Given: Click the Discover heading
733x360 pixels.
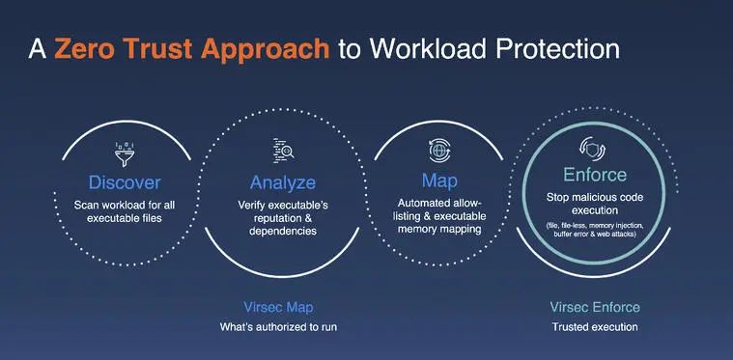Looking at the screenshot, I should tap(125, 181).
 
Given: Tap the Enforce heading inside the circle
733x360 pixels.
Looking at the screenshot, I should tap(595, 175).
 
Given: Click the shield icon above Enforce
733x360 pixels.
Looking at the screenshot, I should tap(595, 149).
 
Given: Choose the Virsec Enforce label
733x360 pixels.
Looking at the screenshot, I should tap(595, 307).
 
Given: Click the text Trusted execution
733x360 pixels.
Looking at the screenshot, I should tap(595, 327).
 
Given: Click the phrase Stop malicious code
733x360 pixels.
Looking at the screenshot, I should tap(595, 198).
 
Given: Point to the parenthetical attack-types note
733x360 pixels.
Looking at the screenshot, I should tap(595, 234).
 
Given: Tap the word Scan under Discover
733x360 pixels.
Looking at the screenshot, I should tap(88, 205).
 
